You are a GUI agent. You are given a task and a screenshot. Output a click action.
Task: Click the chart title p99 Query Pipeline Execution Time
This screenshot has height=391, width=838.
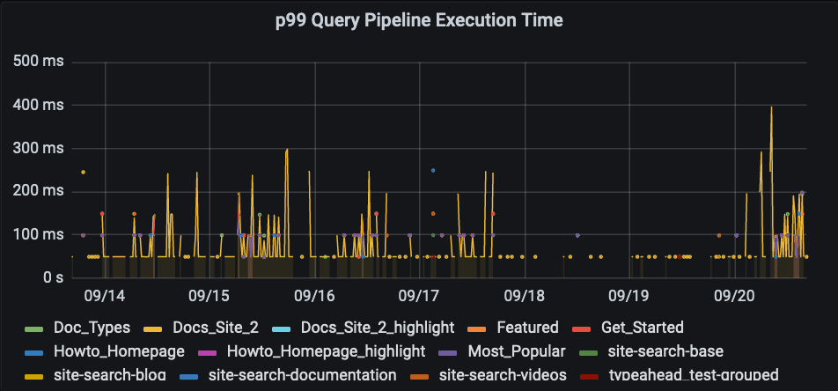click(x=418, y=19)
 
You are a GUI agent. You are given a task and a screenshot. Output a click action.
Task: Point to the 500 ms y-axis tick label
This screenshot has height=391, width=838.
click(x=41, y=63)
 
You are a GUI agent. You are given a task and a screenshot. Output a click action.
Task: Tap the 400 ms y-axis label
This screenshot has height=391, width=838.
click(x=41, y=106)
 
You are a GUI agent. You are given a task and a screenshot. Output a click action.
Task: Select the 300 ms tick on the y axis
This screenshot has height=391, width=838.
click(x=41, y=149)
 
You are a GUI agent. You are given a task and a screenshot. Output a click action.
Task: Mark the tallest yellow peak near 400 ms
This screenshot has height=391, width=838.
click(x=771, y=107)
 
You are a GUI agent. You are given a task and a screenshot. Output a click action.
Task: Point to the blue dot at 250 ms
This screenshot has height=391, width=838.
click(x=433, y=170)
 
